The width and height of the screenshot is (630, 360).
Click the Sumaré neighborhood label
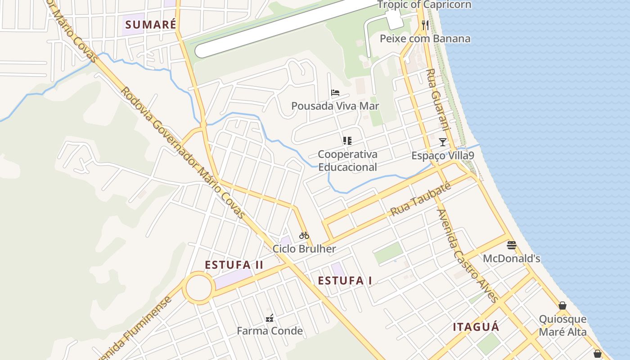(x=150, y=25)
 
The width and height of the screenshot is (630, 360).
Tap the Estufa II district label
(x=234, y=265)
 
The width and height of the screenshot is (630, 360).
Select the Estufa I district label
(x=345, y=281)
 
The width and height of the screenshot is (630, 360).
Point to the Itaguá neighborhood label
(x=476, y=327)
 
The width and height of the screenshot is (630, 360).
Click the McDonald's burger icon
(x=511, y=245)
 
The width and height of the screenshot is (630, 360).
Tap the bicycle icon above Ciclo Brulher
(x=304, y=235)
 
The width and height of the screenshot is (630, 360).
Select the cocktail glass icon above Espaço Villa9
(x=443, y=142)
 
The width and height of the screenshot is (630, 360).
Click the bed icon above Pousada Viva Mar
(x=335, y=93)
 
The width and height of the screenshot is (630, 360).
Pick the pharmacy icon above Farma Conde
(x=270, y=318)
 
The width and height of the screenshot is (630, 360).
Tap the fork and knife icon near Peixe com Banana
(x=425, y=25)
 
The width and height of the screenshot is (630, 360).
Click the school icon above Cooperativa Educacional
(x=347, y=141)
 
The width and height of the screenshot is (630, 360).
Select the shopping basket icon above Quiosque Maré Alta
(x=562, y=306)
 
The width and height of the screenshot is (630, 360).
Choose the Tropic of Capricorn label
(x=424, y=5)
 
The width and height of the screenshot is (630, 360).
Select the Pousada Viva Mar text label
(x=335, y=106)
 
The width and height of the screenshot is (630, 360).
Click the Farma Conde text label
(x=270, y=331)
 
